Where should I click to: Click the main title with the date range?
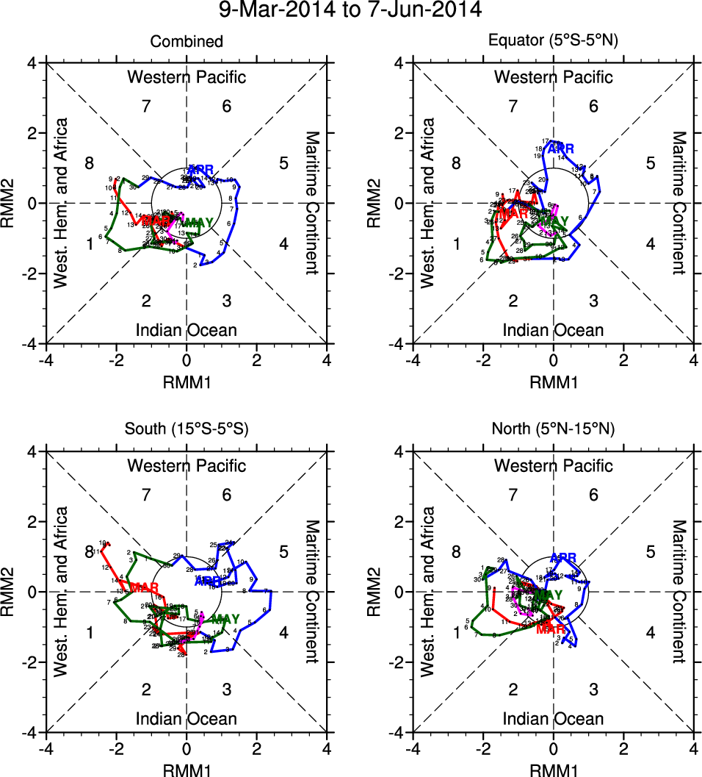351,11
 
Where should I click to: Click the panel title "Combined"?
187,42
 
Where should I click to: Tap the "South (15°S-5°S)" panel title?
187,431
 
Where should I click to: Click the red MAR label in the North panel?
550,629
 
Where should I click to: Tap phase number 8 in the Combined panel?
90,163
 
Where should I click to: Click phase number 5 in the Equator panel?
650,163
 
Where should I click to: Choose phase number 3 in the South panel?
227,689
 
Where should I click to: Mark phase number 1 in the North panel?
457,632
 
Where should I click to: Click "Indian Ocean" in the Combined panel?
187,330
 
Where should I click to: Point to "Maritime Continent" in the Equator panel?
679,203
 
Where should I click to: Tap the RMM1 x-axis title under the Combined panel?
187,382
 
